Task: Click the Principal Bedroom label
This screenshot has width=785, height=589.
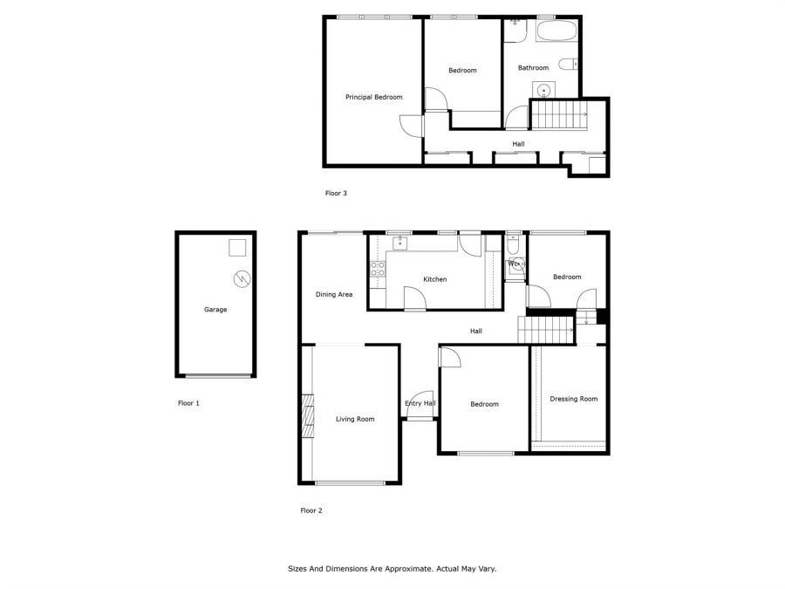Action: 374,97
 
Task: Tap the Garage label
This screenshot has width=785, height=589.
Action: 215,310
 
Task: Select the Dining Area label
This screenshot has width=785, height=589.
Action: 334,295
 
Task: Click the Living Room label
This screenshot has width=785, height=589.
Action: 355,419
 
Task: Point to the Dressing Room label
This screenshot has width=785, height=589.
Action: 574,399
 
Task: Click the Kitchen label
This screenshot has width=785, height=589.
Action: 435,279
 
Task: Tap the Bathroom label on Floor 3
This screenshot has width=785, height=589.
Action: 533,67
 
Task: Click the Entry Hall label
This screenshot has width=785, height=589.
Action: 420,403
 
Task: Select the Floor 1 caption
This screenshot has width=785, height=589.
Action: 188,403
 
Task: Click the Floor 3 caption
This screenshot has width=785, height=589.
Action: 336,194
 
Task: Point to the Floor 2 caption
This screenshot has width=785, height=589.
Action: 311,510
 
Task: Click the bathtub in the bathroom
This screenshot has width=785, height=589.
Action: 556,31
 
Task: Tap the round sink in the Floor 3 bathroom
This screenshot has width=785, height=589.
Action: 543,91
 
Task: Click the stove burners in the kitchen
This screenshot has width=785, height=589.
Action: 378,269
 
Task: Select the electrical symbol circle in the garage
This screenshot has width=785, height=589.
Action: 242,279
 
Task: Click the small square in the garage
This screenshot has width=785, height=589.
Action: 237,248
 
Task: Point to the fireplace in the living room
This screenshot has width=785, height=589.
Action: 307,416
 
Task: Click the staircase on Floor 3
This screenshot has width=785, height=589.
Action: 559,114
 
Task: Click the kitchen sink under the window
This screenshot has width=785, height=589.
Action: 400,243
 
